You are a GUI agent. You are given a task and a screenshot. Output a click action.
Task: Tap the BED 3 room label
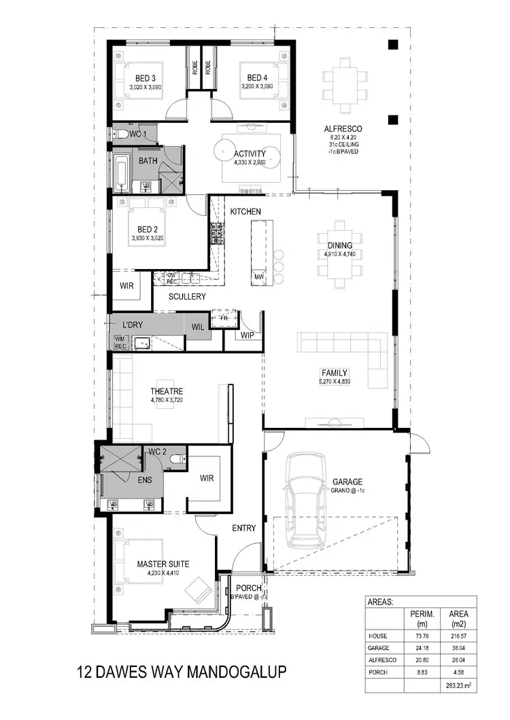point(146,77)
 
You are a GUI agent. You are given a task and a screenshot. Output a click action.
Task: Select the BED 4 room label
point(258,77)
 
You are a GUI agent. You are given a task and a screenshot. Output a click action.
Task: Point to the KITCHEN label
point(245,212)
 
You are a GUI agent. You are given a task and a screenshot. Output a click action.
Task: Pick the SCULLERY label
point(188,297)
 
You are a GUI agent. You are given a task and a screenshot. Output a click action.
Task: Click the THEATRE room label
point(167,391)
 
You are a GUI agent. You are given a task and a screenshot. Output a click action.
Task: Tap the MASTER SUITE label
point(163,564)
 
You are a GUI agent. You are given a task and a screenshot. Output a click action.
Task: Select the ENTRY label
point(243,528)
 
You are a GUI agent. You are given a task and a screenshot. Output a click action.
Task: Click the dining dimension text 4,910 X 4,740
point(340,254)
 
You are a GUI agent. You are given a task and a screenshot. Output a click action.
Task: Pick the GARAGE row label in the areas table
point(379,647)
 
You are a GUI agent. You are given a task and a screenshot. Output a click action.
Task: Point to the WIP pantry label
point(245,336)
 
